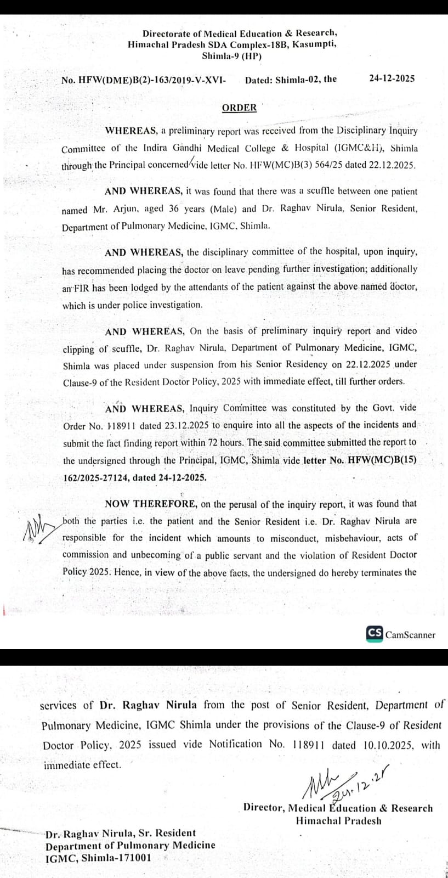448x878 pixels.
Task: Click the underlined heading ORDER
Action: tap(239, 108)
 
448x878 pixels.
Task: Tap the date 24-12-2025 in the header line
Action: tap(392, 78)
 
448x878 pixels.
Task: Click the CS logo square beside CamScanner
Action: tap(375, 633)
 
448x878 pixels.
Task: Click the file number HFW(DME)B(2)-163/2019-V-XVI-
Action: tap(144, 80)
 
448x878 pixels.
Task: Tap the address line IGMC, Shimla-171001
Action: tap(98, 858)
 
